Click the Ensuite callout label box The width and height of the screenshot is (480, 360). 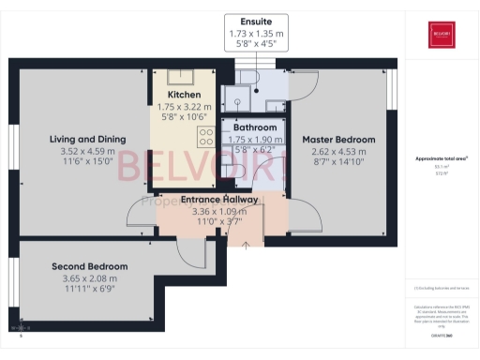257,32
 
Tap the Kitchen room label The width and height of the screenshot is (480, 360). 185,96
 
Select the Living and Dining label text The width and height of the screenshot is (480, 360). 82,139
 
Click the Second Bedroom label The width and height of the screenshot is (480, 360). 89,266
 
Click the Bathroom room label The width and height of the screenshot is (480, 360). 255,127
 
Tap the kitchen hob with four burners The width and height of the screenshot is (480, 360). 205,138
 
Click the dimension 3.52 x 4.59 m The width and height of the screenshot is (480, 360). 82,150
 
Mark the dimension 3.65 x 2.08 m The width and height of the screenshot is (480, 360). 89,278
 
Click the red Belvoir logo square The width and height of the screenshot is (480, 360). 442,36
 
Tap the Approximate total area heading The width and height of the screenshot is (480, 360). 441,159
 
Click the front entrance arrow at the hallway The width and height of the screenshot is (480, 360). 247,246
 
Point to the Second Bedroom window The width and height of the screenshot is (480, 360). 13,273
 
